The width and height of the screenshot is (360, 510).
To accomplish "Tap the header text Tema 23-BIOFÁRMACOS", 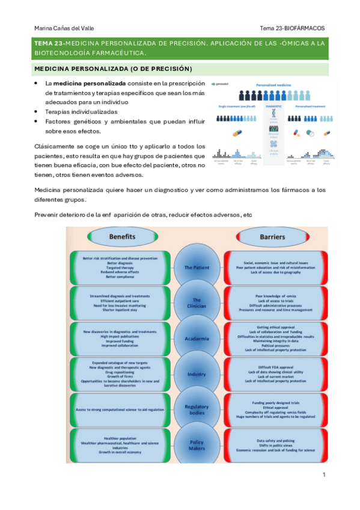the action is (x=292, y=28).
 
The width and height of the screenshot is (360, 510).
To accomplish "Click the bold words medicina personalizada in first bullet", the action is (x=90, y=83).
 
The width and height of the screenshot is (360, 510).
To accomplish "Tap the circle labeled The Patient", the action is (x=197, y=267).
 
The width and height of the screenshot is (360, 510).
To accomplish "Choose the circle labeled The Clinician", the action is (x=197, y=303).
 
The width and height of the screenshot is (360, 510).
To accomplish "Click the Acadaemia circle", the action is (x=197, y=339).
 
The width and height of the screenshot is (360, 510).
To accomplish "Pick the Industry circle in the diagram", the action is (x=197, y=374).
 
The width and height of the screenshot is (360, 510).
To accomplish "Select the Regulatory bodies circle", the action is (x=197, y=410).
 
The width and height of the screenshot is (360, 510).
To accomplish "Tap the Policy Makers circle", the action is (x=197, y=445).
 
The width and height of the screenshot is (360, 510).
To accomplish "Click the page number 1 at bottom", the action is (x=323, y=475).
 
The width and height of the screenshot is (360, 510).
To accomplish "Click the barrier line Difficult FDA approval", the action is (x=273, y=367).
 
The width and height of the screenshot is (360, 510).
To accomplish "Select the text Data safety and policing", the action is (x=273, y=441).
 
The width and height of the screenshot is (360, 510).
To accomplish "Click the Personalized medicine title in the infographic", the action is (x=274, y=87).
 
